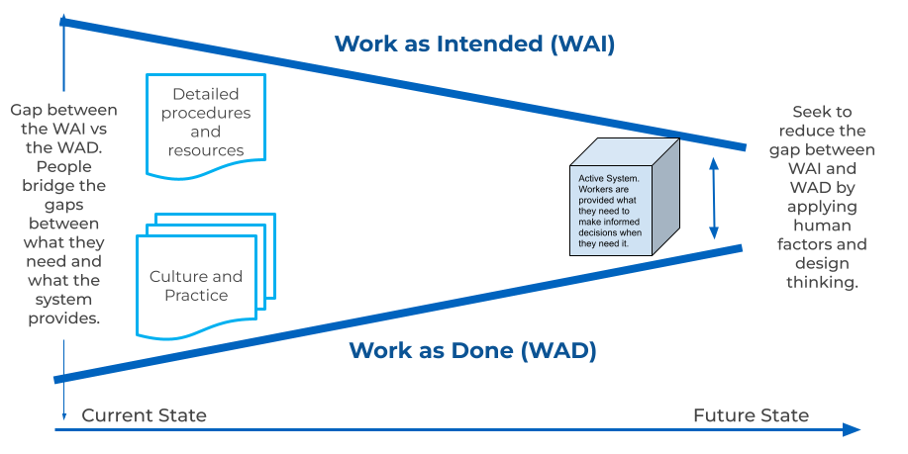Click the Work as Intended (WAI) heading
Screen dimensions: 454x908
[474, 44]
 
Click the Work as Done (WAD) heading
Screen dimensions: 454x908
[472, 350]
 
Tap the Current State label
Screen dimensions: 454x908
[144, 415]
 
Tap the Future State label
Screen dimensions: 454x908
[751, 415]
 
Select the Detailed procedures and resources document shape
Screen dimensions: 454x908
[205, 122]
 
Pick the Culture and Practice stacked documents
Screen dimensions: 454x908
[202, 277]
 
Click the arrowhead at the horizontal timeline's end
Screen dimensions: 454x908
[851, 430]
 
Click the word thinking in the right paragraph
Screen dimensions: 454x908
[821, 282]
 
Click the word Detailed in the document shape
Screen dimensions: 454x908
[205, 95]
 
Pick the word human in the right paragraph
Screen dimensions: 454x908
[821, 226]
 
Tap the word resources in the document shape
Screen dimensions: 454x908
[205, 150]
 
